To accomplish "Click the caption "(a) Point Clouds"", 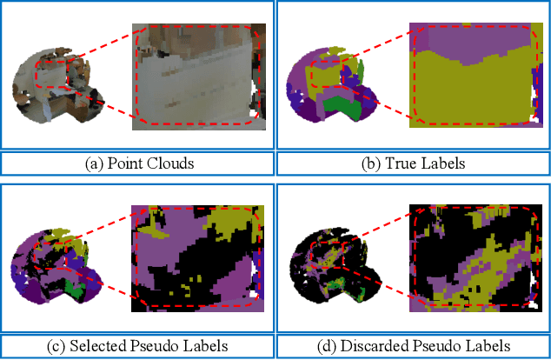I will [137, 163].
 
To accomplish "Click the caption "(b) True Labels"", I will [412, 163].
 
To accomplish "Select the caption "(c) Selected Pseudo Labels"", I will [137, 345].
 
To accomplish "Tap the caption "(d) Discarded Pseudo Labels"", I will [412, 345].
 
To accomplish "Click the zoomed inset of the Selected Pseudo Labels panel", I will [196, 258].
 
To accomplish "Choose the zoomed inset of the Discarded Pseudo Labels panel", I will [472, 258].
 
